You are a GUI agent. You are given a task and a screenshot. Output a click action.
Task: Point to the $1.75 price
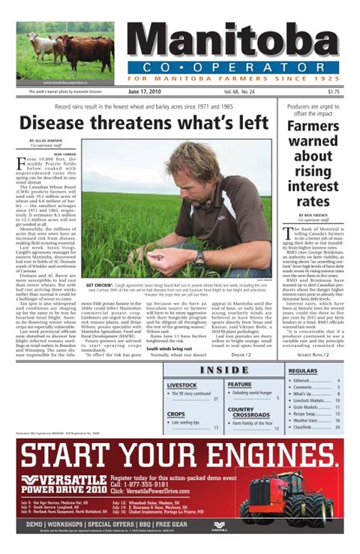[332, 92]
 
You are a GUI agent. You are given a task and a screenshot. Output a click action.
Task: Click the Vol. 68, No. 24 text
[239, 92]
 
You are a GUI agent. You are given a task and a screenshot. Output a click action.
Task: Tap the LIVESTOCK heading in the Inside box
[181, 385]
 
